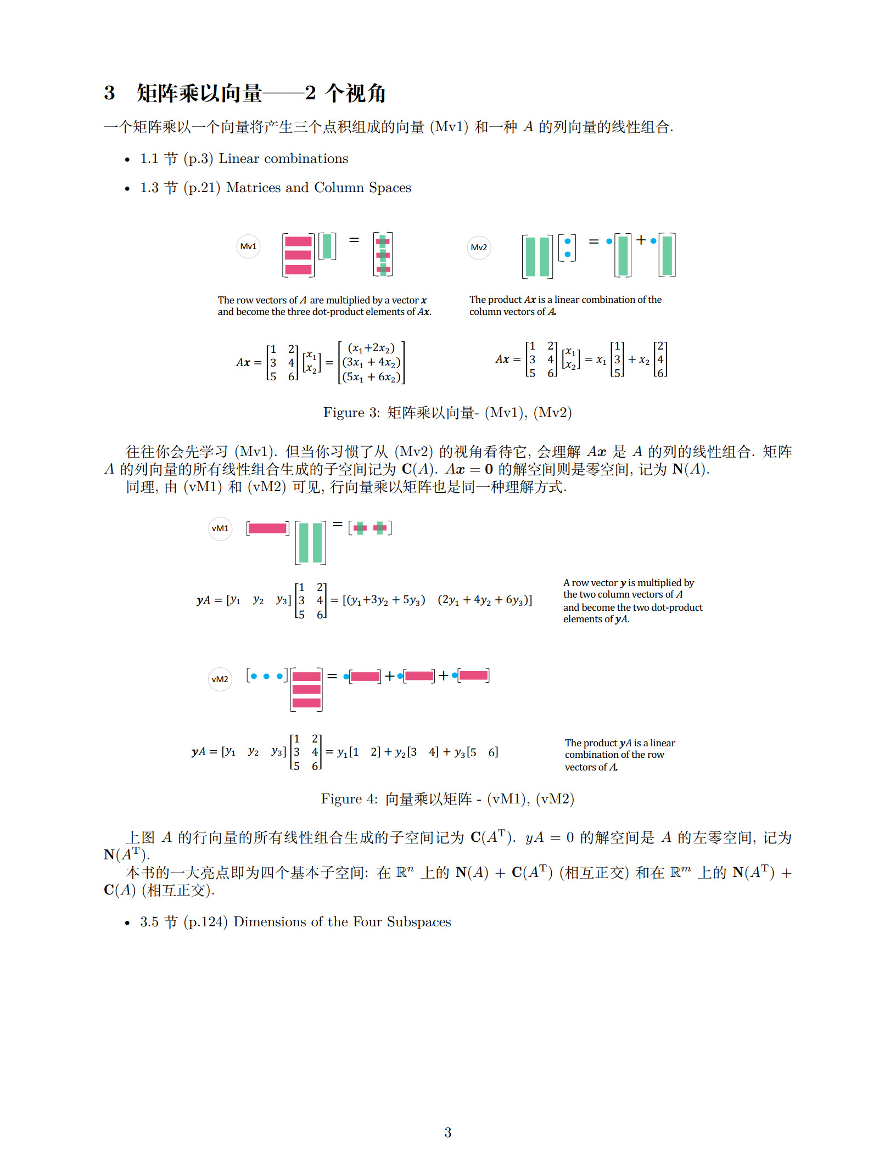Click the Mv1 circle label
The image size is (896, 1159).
point(248,246)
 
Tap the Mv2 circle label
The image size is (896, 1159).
point(479,247)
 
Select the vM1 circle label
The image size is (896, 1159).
point(220,528)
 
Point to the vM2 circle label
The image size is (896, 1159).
point(220,679)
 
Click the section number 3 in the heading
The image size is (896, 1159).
point(109,93)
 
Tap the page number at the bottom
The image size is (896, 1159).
point(447,1132)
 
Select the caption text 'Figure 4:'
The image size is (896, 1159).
point(349,799)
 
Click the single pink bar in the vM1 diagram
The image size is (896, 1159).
point(267,528)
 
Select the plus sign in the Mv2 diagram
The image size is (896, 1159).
point(641,240)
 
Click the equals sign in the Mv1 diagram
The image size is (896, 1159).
point(354,240)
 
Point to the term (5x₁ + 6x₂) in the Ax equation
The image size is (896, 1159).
point(371,377)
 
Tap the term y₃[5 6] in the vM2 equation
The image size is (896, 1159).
point(476,752)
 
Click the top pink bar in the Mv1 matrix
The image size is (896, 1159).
point(298,241)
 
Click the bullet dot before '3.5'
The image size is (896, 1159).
point(127,923)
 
